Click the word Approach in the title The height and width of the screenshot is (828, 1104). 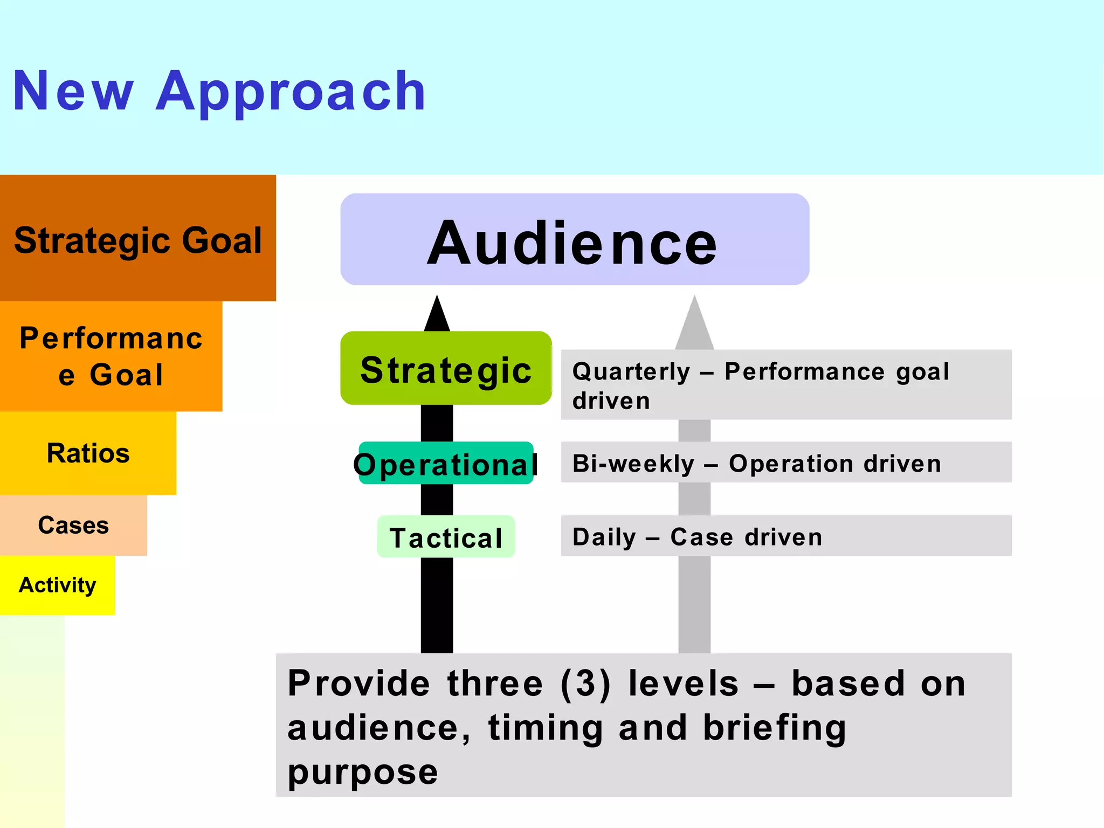(291, 92)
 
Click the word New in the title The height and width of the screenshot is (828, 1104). (73, 92)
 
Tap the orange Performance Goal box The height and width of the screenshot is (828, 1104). (111, 356)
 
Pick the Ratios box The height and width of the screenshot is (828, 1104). (88, 453)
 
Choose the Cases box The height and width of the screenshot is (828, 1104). (73, 525)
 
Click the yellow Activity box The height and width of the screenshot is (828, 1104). (57, 585)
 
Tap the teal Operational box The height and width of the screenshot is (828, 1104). (446, 463)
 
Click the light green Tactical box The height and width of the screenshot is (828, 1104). (446, 537)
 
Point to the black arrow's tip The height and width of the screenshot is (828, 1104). (437, 300)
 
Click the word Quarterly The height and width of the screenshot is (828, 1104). (631, 371)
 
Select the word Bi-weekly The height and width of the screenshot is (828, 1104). (633, 464)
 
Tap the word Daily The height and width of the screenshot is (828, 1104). (604, 537)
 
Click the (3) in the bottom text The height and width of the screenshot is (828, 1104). (585, 684)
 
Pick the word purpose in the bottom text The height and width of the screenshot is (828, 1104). (363, 772)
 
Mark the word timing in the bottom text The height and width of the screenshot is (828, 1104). (545, 728)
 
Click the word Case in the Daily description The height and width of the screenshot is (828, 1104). (701, 537)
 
